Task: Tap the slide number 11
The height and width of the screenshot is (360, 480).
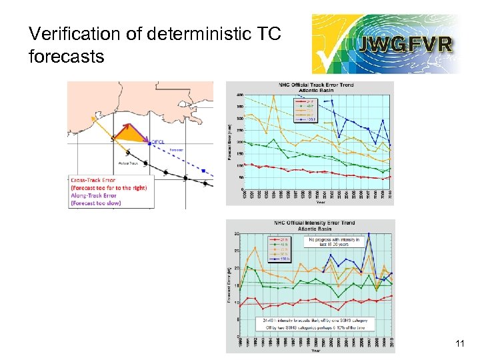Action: (459, 344)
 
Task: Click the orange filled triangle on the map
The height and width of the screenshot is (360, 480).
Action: (131, 135)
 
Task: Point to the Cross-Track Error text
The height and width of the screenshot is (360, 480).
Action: (93, 179)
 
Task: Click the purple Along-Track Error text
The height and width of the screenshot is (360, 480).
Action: (94, 195)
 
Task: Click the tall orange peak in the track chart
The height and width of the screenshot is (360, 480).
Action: (274, 97)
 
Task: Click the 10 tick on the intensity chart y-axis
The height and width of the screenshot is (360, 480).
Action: (237, 302)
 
